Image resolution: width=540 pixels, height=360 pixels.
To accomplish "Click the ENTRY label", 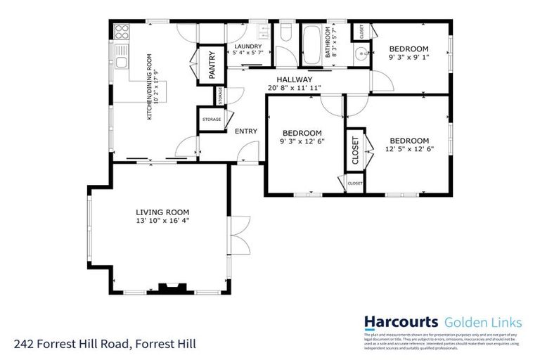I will click(x=245, y=131).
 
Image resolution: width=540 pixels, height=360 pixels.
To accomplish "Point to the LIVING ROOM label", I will click(x=162, y=212).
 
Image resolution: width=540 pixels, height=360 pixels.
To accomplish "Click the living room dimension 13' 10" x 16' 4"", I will click(x=162, y=221).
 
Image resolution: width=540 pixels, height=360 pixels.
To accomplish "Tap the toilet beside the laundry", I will click(x=285, y=33).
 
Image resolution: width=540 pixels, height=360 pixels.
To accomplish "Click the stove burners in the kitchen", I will click(x=122, y=32).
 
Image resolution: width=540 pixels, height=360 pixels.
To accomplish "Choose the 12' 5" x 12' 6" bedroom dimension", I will click(x=409, y=148).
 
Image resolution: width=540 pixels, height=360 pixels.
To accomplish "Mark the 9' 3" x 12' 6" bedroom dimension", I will click(x=302, y=141).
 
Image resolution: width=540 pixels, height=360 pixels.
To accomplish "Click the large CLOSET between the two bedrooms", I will click(x=355, y=149).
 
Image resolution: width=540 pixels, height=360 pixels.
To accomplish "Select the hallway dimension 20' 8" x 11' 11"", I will click(x=294, y=88).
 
